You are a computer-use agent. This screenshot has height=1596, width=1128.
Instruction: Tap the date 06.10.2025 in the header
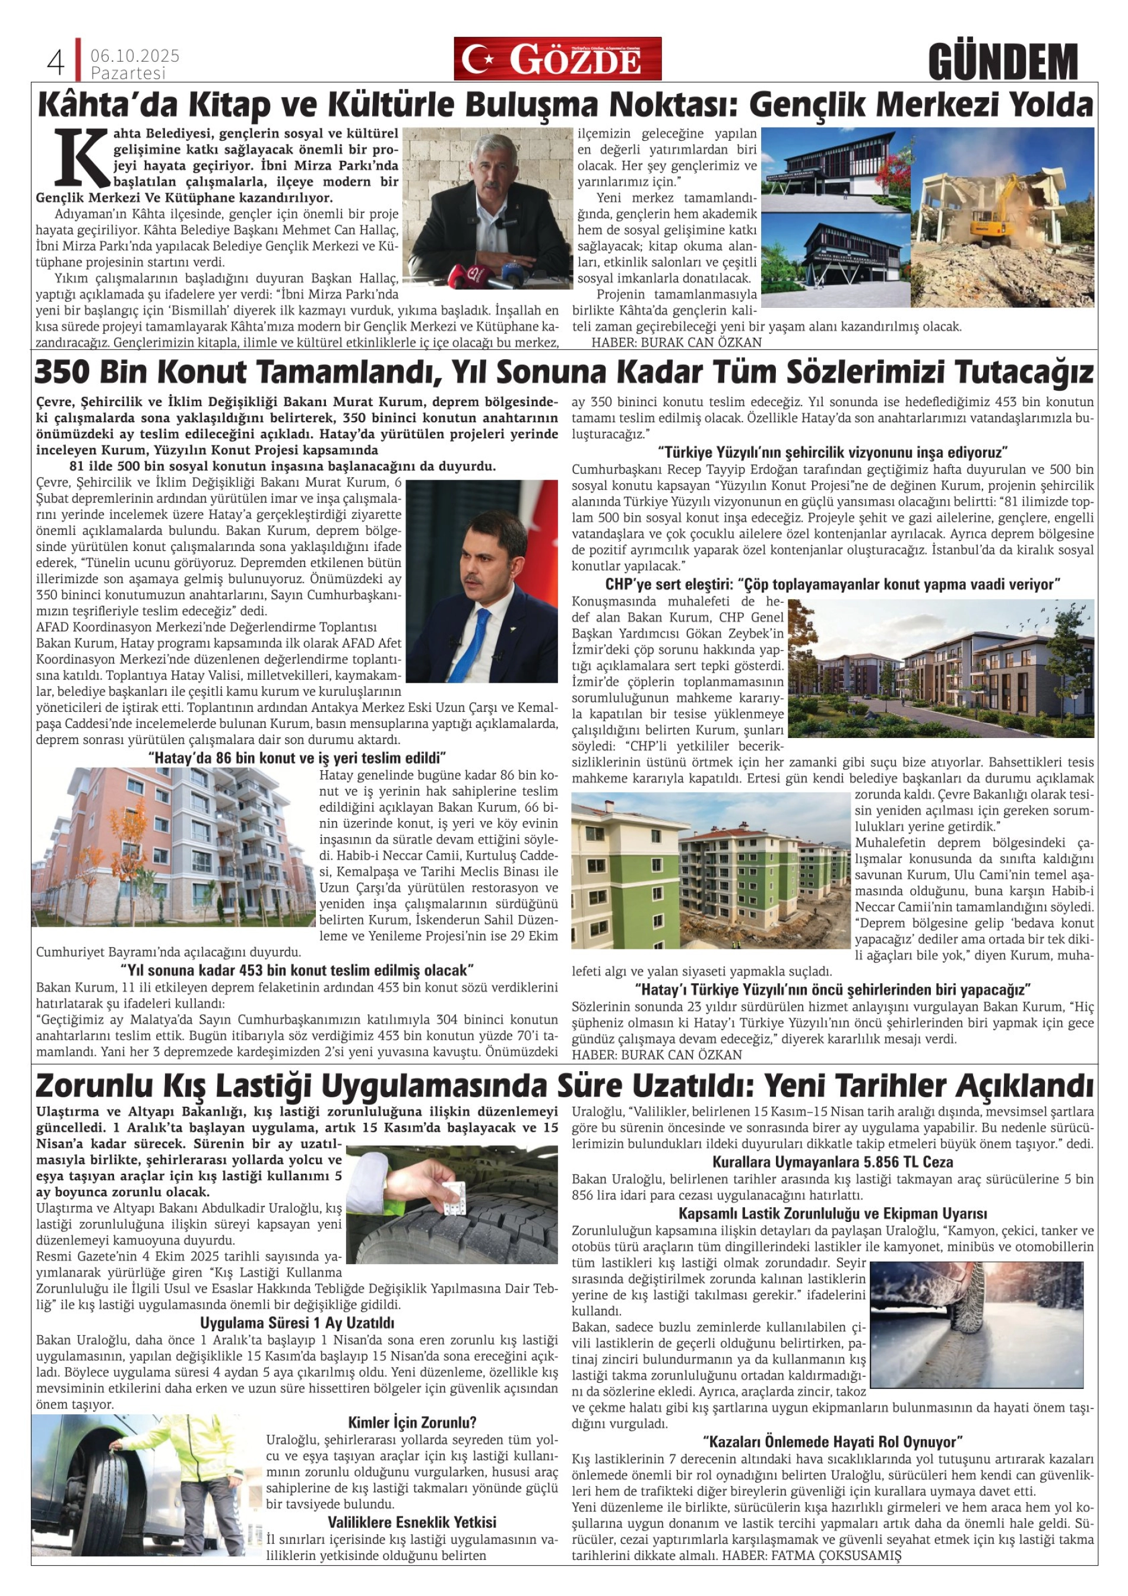click(135, 55)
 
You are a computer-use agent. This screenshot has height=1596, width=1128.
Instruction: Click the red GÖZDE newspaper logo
click(557, 59)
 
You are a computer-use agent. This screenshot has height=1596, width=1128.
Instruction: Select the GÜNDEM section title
click(1002, 62)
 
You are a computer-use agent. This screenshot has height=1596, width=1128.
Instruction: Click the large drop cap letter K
click(81, 156)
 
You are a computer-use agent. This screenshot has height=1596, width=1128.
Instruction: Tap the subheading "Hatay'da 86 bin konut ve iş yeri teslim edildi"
click(297, 758)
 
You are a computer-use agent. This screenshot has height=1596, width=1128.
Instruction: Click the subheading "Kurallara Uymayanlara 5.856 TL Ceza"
click(832, 1161)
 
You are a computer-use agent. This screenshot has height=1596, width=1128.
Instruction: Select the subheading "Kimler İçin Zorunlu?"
click(412, 1422)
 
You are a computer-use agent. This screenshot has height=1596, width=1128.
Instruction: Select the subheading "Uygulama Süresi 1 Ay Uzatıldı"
click(297, 1323)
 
